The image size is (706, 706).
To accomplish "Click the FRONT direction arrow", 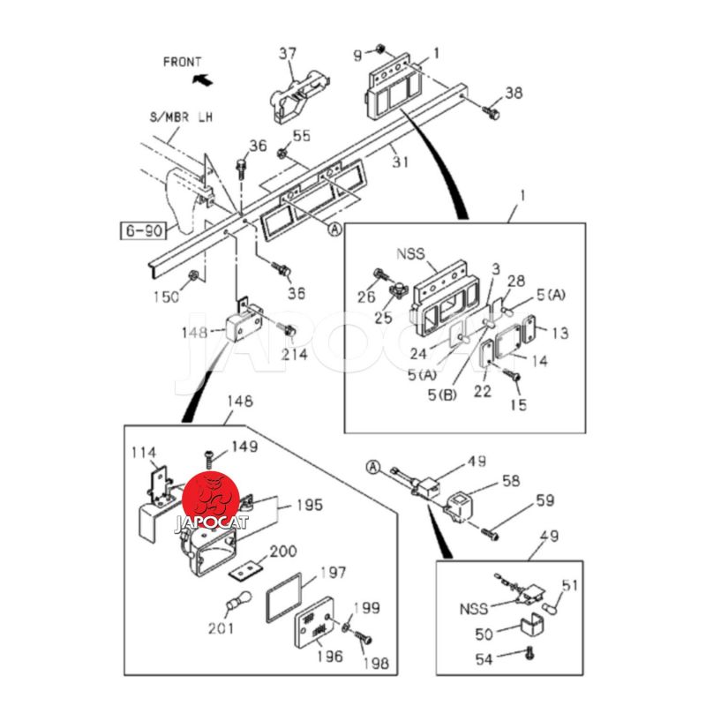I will pyautogui.click(x=202, y=80).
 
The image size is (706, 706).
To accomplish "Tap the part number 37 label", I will pyautogui.click(x=289, y=54).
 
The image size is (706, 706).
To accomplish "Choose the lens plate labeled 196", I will pyautogui.click(x=318, y=628).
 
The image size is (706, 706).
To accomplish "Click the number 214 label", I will pyautogui.click(x=295, y=355).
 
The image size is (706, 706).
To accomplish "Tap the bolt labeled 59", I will pyautogui.click(x=491, y=532).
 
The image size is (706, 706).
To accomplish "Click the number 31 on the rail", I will pyautogui.click(x=402, y=161).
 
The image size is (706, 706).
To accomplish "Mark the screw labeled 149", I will pyautogui.click(x=208, y=454).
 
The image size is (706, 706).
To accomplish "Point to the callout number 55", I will pyautogui.click(x=302, y=135).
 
